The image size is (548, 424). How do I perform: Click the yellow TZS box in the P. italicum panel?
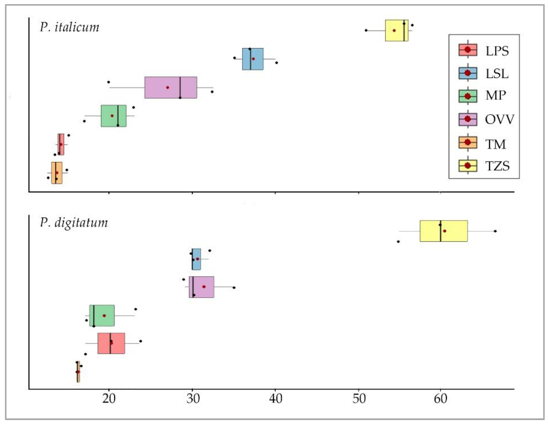tap(397, 30)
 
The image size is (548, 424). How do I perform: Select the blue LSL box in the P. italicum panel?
tap(253, 59)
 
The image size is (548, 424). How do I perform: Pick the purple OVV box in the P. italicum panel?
tap(171, 87)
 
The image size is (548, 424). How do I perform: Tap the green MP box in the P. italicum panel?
tap(113, 116)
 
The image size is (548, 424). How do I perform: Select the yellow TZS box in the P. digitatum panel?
tap(444, 231)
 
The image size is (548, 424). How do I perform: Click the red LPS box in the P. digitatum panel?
tap(111, 343)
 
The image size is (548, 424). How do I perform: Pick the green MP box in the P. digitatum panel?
tap(102, 315)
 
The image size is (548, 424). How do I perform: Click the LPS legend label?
tap(497, 51)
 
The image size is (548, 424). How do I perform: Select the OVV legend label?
tap(499, 119)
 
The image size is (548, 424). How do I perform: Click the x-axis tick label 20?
tap(109, 399)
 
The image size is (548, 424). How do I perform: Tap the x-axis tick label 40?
tap(276, 399)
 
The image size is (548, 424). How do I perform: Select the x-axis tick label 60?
tap(440, 399)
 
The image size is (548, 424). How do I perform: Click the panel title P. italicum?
tap(69, 27)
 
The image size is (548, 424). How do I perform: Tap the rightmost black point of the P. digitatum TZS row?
tap(495, 231)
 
